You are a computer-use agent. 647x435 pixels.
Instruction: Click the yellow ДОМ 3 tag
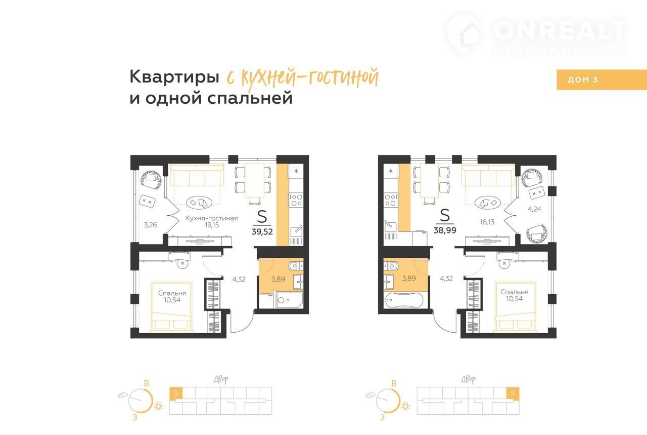[x=602, y=80]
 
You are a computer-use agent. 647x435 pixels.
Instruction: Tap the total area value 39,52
[x=262, y=231]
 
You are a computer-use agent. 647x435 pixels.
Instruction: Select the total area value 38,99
[x=445, y=230]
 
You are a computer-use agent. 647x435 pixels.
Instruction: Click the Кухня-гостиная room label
[x=212, y=218]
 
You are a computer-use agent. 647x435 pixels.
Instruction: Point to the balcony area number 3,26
[x=151, y=225]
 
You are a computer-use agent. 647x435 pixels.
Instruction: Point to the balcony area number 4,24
[x=534, y=209]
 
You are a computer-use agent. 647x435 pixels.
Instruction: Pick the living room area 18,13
[x=487, y=222]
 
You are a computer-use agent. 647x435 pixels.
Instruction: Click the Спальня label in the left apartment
[x=172, y=293]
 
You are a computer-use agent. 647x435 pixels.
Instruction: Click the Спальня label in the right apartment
[x=515, y=292]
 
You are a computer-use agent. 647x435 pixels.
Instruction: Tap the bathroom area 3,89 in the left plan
[x=278, y=279]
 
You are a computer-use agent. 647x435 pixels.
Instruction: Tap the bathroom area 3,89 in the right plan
[x=409, y=279]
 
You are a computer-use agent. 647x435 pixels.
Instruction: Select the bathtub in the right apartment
[x=403, y=300]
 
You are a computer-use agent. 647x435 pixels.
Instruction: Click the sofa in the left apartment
[x=197, y=176]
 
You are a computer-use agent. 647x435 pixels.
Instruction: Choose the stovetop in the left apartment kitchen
[x=296, y=200]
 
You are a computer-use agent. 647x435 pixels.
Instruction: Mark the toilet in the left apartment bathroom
[x=295, y=265]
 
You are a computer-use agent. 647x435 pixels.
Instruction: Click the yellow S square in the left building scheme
[x=176, y=393]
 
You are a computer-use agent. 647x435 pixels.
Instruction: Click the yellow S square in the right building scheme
[x=513, y=393]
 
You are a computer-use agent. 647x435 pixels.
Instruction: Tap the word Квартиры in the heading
[x=174, y=77]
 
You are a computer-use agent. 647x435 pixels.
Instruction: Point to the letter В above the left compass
[x=147, y=383]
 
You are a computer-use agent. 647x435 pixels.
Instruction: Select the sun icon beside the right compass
[x=405, y=406]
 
